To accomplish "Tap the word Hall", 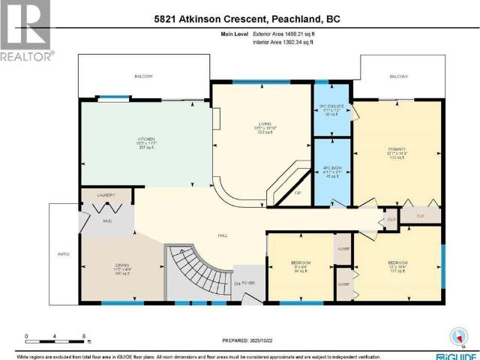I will tap(223, 235).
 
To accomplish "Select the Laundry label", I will tap(105, 195).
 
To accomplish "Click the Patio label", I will tap(64, 254).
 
